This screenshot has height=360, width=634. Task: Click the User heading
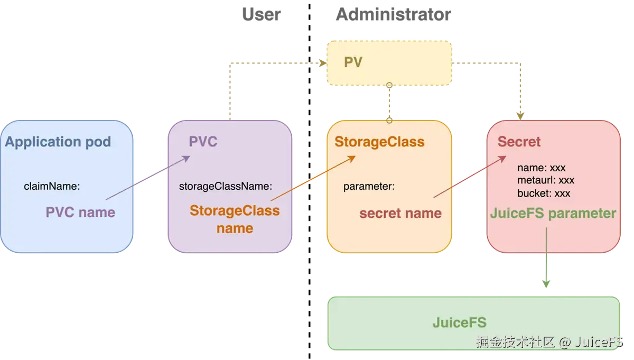click(261, 14)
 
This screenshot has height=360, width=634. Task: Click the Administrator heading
click(393, 14)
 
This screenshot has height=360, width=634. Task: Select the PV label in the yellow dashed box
click(353, 62)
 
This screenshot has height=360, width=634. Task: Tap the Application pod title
click(58, 142)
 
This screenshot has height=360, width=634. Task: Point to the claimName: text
click(52, 187)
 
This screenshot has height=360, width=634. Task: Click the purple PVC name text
click(80, 213)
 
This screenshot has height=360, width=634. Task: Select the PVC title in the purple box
click(203, 142)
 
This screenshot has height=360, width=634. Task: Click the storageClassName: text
click(226, 187)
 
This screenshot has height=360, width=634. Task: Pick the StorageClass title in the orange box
click(379, 142)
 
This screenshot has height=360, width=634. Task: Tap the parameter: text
click(369, 187)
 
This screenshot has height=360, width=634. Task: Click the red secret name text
click(400, 213)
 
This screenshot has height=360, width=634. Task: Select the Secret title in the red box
click(519, 142)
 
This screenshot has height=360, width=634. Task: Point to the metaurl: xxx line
click(546, 180)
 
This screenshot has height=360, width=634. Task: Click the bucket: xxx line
click(544, 193)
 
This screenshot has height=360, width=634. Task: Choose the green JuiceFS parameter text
click(553, 214)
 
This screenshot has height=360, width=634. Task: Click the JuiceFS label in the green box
click(459, 322)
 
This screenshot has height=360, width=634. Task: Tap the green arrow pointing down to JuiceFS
click(546, 257)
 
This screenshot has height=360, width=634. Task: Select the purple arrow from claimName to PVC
click(148, 178)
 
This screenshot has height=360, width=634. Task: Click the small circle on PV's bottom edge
click(389, 85)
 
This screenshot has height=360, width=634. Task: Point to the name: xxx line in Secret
click(541, 168)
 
